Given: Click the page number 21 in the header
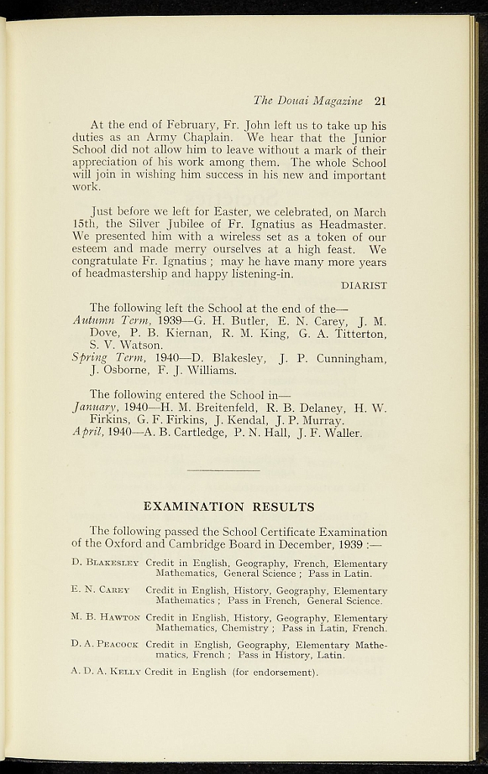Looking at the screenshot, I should click(x=380, y=101).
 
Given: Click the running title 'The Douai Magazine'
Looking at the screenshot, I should click(x=308, y=101).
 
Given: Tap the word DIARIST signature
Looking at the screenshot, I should click(x=364, y=286).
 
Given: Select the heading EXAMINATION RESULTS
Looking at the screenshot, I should click(x=229, y=506).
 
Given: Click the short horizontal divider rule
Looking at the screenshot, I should click(x=222, y=471).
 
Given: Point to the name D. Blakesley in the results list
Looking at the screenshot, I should click(x=105, y=563).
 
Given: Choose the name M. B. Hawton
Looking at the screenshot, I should click(x=105, y=618).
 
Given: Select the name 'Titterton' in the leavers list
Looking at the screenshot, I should click(x=358, y=333).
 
